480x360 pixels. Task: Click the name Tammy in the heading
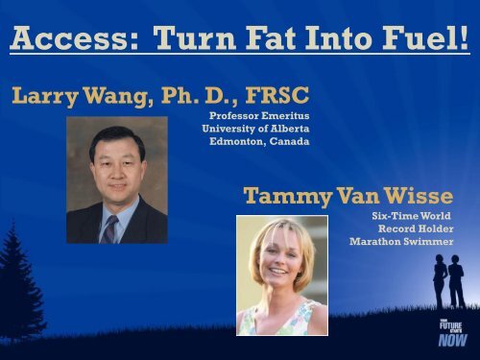pos(279,198)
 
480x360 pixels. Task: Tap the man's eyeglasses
pos(113,169)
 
